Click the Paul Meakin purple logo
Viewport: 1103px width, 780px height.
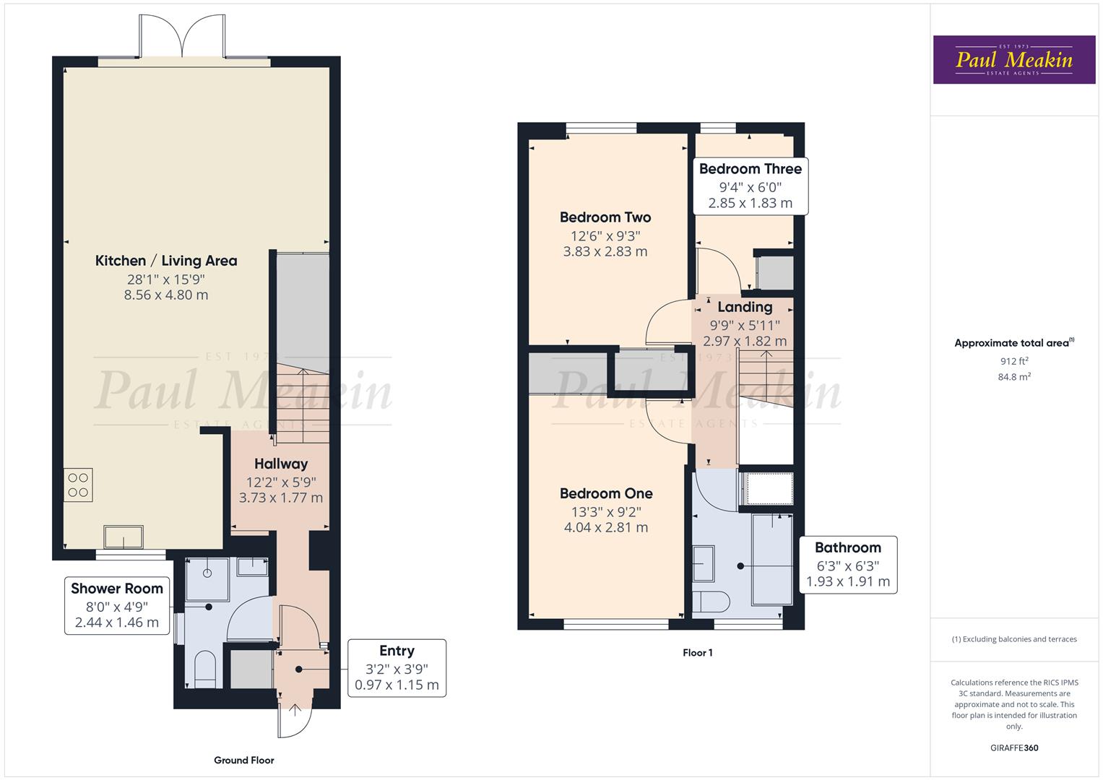click(1013, 60)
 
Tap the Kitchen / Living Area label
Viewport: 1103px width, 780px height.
click(166, 261)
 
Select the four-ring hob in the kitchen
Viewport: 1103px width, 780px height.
click(78, 485)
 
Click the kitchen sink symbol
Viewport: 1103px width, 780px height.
click(124, 537)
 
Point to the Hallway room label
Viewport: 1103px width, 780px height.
click(281, 464)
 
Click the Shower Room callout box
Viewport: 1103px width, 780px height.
click(117, 605)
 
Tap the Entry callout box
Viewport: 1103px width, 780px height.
click(397, 668)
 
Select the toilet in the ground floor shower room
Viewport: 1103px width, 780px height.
click(205, 669)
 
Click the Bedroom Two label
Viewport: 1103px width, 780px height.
click(605, 217)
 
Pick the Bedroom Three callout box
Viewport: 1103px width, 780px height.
click(750, 186)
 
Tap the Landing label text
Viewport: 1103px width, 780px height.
click(745, 307)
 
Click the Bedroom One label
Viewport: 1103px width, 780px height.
click(606, 494)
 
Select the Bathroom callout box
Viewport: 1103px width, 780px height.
click(848, 565)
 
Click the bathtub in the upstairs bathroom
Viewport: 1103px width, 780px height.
click(772, 559)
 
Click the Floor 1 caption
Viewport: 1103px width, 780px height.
click(698, 653)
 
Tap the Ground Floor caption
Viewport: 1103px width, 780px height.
click(244, 760)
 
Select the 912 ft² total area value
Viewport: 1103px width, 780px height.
click(1014, 361)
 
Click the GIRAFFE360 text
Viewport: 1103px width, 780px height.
click(1014, 747)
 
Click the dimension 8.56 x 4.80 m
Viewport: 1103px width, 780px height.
click(166, 295)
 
